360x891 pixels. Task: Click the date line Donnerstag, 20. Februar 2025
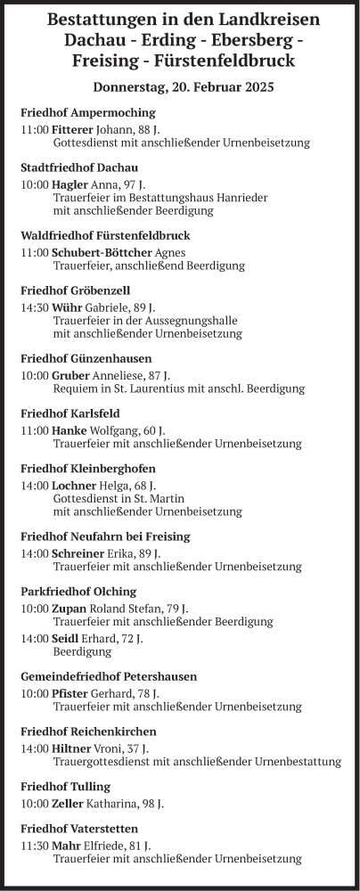pos(183,87)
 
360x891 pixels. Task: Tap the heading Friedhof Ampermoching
pos(87,112)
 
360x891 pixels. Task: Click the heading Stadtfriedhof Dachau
pos(79,168)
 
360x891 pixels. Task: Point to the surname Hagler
pos(70,184)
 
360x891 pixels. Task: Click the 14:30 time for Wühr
pos(35,307)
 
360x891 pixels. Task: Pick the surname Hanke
pos(70,430)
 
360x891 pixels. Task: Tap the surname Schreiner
pos(78,553)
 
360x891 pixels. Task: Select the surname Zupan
pos(69,609)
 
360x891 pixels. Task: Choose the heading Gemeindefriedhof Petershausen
pos(109,676)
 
